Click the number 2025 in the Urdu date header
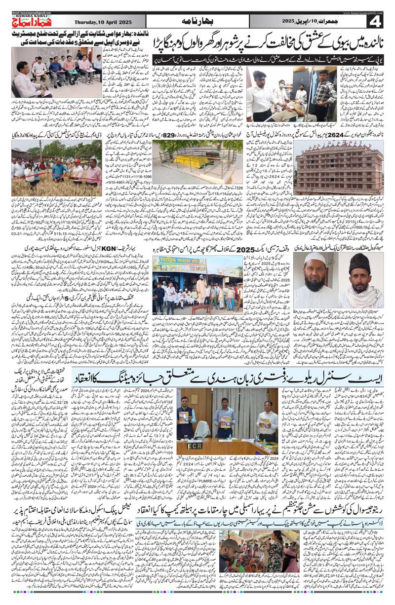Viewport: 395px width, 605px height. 288,22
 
